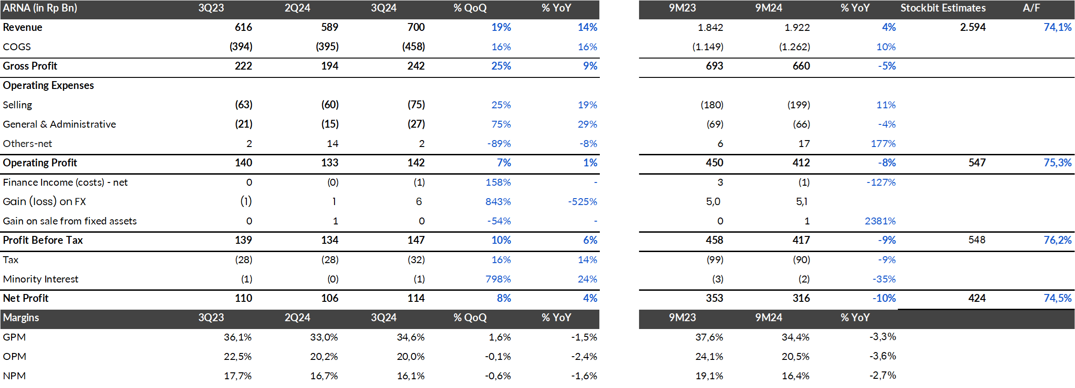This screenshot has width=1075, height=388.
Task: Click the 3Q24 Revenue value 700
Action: [x=416, y=27]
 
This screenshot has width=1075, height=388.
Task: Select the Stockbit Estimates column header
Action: [x=943, y=8]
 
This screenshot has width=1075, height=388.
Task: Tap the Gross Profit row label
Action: [x=30, y=66]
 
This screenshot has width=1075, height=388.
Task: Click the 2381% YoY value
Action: [x=880, y=221]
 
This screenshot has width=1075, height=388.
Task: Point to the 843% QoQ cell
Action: [x=498, y=201]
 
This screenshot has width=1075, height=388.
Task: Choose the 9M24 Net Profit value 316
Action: [x=801, y=298]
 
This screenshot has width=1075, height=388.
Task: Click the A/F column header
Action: [x=1031, y=8]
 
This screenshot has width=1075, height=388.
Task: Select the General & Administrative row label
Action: [x=59, y=124]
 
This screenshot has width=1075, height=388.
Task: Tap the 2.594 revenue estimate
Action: [x=973, y=27]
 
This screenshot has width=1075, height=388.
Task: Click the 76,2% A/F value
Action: [x=1057, y=240]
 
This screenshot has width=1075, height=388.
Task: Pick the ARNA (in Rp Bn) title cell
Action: [x=40, y=8]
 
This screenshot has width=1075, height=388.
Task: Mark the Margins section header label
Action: [x=21, y=317]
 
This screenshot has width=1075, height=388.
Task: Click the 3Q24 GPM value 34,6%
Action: [x=410, y=337]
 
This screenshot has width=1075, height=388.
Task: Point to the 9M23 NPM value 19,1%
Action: [x=709, y=376]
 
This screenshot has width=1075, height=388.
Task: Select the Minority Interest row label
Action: [x=41, y=279]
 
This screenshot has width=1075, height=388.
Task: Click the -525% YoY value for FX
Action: [x=582, y=201]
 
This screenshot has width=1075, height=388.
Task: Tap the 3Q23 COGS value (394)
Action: [x=241, y=47]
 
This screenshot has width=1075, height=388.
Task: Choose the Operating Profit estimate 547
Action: [x=977, y=163]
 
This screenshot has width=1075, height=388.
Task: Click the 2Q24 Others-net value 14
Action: [x=332, y=143]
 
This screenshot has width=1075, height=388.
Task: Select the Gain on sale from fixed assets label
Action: [x=70, y=221]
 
